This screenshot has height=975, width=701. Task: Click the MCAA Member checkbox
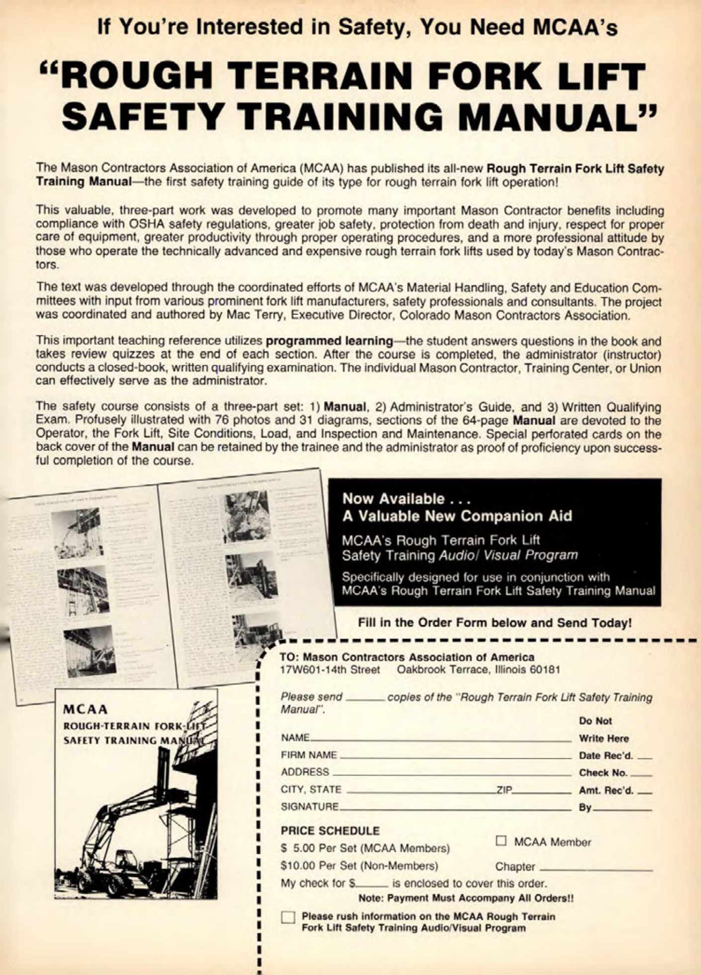coord(501,840)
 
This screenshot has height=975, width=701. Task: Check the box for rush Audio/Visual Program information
coord(288,917)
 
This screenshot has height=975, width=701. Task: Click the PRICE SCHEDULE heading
coord(330,830)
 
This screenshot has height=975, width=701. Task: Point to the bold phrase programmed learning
coord(329,341)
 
